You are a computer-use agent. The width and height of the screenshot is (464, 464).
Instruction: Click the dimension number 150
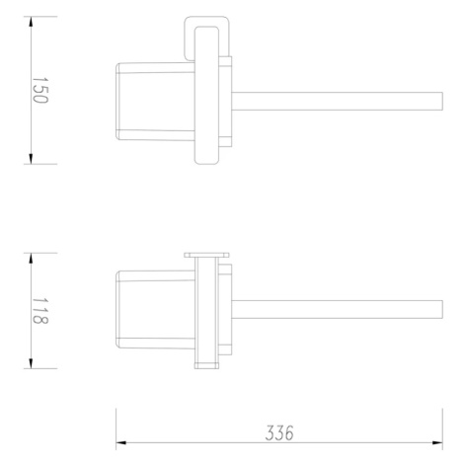(39, 90)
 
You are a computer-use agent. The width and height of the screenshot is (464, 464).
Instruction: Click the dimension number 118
(39, 311)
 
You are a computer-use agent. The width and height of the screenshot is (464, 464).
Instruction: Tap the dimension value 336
(279, 432)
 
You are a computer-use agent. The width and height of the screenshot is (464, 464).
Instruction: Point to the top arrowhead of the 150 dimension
(31, 22)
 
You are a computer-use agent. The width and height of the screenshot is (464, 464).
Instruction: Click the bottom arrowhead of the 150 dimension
(31, 159)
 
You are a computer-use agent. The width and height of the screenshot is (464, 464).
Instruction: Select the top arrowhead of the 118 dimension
(31, 259)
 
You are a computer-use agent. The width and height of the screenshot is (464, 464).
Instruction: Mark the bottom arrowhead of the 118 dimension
(31, 363)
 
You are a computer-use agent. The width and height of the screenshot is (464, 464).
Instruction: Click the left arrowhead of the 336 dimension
(121, 443)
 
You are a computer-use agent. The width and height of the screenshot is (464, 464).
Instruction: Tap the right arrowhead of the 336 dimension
(437, 443)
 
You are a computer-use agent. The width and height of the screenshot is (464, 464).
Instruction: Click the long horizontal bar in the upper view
(338, 101)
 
